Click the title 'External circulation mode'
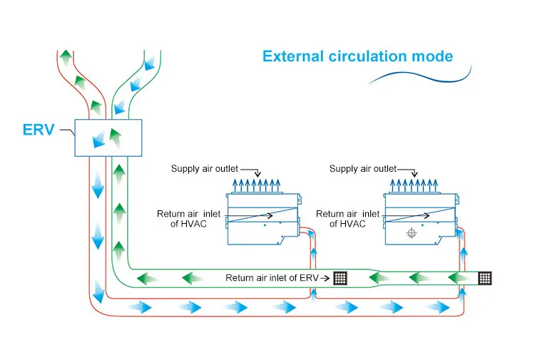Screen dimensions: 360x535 (x=357, y=56)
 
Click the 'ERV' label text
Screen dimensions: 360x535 (x=38, y=132)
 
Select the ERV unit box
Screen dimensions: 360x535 (x=108, y=138)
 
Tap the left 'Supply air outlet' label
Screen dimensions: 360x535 (x=205, y=169)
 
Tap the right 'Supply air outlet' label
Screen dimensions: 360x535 (x=362, y=169)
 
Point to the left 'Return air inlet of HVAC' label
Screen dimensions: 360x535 (x=188, y=218)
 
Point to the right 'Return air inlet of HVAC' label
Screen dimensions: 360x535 (x=347, y=218)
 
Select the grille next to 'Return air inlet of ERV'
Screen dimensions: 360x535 (x=340, y=278)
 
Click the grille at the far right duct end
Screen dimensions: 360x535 (x=485, y=278)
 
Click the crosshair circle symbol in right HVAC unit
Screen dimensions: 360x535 (x=412, y=233)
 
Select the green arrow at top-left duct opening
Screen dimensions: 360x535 (x=66, y=56)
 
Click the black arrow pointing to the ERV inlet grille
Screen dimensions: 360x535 (x=325, y=278)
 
